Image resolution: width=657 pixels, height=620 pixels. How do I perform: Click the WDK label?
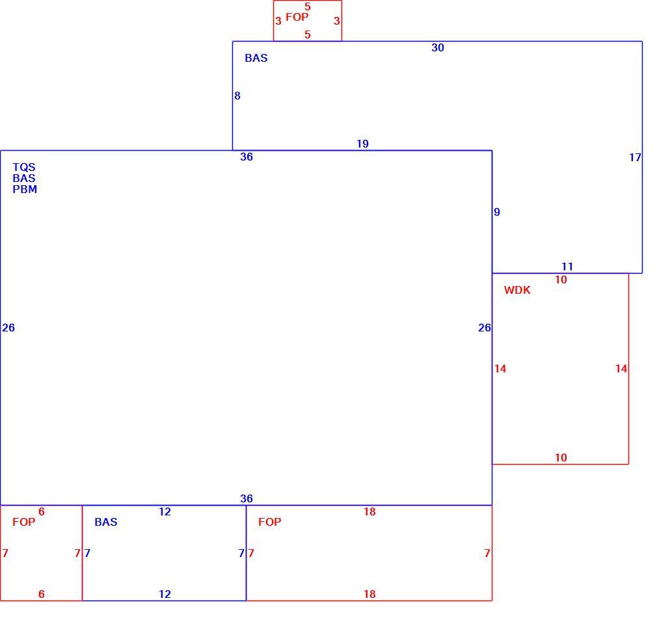517,290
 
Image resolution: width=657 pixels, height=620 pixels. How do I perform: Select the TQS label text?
24,167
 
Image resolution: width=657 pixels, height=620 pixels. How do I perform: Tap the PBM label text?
25,189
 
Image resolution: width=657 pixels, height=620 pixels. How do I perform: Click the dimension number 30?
437,47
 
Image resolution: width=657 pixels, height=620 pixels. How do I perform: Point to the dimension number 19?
362,144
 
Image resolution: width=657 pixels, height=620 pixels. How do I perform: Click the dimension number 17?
635,157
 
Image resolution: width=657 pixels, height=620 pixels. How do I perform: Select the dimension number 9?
497,213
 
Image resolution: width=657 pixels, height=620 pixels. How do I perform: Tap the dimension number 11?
567,266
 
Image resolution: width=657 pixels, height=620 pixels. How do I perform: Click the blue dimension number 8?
237,96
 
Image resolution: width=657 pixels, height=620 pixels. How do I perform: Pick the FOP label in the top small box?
297,17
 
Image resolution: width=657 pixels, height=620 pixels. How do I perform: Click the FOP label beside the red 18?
269,522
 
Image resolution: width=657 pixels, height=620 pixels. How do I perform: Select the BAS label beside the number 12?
105,522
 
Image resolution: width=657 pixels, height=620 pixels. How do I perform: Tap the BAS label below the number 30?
256,58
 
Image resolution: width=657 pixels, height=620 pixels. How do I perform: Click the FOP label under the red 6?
24,522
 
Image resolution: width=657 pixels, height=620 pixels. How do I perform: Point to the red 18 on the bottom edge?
369,595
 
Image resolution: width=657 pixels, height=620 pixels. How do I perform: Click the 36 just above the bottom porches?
247,498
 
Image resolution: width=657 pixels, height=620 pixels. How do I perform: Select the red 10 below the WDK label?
561,458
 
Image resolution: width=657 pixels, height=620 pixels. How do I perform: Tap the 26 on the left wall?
8,328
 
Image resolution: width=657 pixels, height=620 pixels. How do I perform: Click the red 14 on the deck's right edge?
621,369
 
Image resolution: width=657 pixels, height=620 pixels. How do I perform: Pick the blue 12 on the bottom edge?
165,595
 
